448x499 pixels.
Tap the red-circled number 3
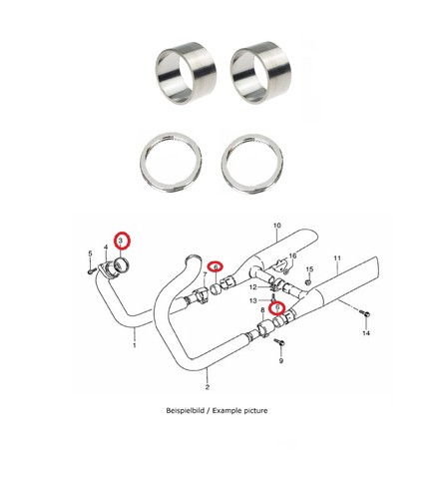coord(121,241)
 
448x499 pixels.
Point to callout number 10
coord(277,226)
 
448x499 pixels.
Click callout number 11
coord(337,258)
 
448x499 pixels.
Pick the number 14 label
coord(366,333)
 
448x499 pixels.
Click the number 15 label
coord(309,269)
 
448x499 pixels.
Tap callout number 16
coord(292,255)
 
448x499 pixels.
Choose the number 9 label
coord(281,360)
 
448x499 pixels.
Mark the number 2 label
coord(208,387)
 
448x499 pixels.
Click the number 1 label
coord(135,345)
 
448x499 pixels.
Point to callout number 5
coord(90,253)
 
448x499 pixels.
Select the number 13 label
coord(253,300)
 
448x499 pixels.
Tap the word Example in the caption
coord(227,411)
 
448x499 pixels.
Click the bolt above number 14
coord(364,312)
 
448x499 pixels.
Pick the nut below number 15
coord(308,282)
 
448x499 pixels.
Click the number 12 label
coord(253,287)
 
